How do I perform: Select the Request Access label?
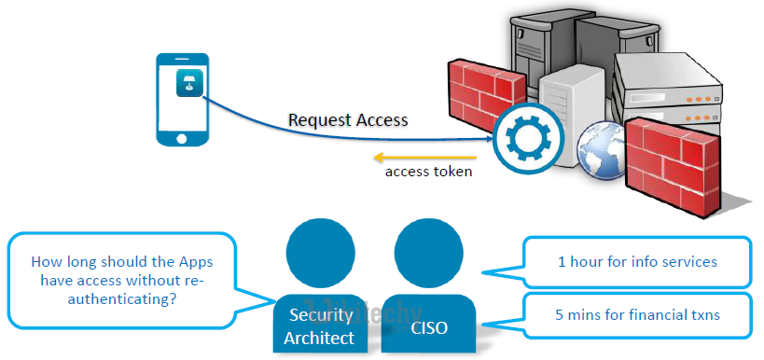348,119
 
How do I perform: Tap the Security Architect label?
319,326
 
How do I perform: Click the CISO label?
428,328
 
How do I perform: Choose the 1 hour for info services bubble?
637,262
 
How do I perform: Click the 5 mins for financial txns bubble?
637,314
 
